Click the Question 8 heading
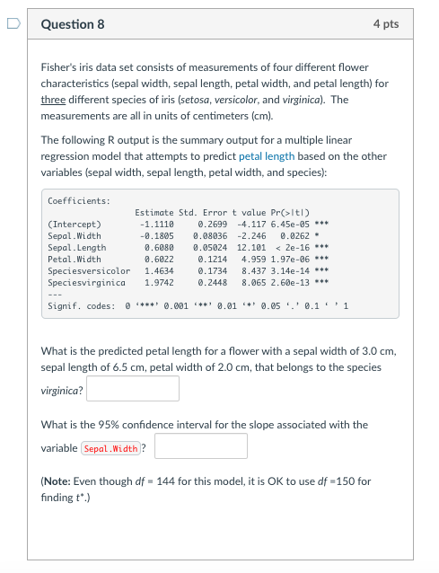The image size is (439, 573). coord(73,24)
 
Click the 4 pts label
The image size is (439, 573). coord(385,24)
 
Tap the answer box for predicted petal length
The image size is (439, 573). coord(133,389)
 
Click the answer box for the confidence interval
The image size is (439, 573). coord(200,446)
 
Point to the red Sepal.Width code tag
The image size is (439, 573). coord(110,447)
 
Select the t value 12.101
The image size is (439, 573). coord(253,247)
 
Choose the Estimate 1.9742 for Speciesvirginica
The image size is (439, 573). coord(159,282)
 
